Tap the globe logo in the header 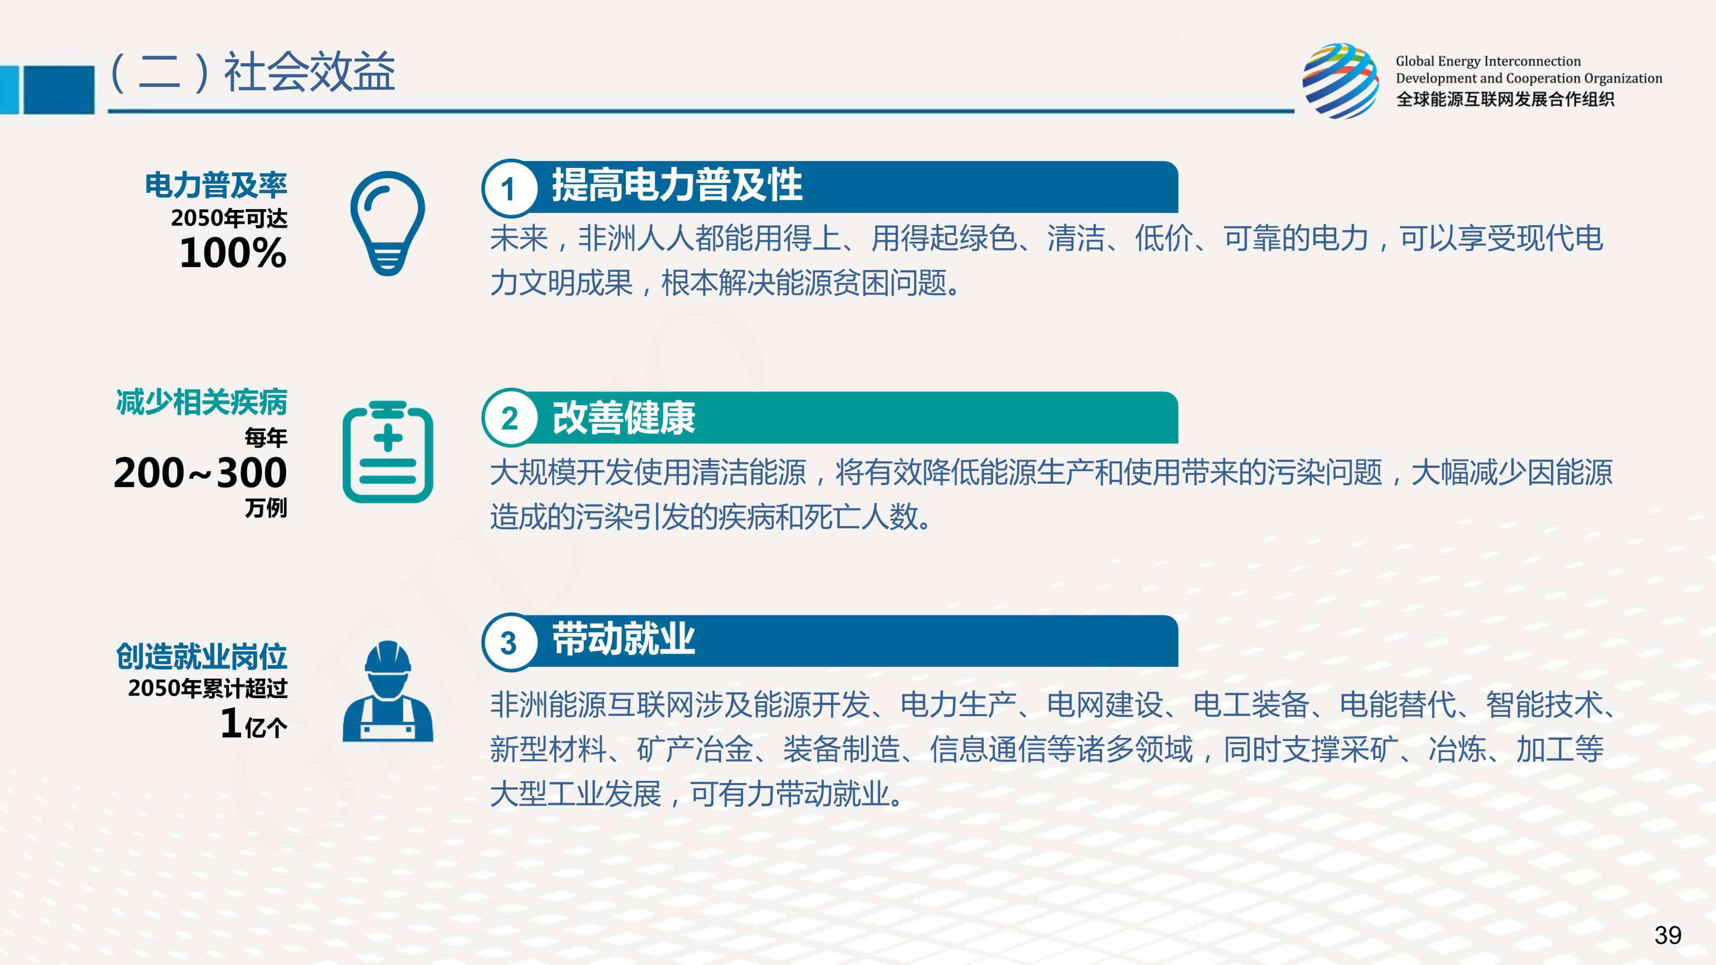pos(1341,81)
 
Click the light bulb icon pos(388,223)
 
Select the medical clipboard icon pos(388,452)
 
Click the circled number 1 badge pos(509,188)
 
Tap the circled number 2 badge pos(509,418)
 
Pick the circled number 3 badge pos(509,642)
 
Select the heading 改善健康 pos(624,418)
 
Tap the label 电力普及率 pos(216,185)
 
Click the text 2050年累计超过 pos(208,688)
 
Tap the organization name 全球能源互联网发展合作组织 pos(1505,99)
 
